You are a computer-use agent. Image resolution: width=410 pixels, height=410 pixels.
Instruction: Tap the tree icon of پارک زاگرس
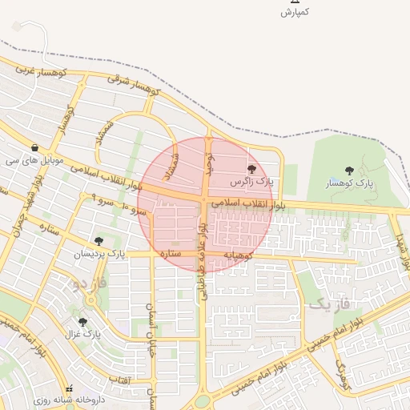coord(252,169)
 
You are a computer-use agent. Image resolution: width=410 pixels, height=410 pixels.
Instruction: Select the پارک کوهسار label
coord(350,184)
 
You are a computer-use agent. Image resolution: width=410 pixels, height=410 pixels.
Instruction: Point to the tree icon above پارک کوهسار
coord(349,171)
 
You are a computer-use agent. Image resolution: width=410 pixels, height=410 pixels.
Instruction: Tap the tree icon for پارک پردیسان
coord(99,241)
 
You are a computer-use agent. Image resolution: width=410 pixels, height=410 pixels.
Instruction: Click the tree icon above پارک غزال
coord(82,322)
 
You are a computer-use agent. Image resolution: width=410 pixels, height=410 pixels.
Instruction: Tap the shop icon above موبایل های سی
coord(34,148)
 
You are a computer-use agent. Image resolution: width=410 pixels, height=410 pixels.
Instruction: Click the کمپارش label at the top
coord(294,13)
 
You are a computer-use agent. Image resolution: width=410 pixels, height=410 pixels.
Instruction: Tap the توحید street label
coord(210,163)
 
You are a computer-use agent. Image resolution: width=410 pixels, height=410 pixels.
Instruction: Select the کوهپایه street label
coord(238,255)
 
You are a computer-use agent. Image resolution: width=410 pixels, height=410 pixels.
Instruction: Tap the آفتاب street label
coord(119,378)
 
